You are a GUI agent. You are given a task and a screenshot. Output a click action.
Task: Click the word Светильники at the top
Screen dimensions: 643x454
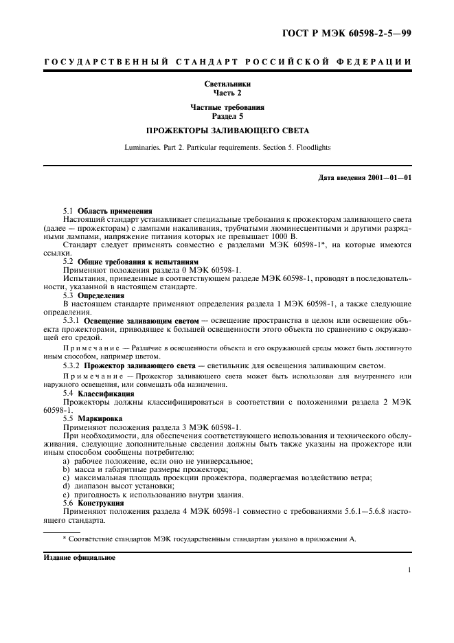tap(227, 84)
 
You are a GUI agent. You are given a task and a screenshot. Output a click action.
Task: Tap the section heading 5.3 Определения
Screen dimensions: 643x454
tap(95, 295)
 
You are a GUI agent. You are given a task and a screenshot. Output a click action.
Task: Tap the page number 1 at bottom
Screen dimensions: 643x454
tap(409, 569)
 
